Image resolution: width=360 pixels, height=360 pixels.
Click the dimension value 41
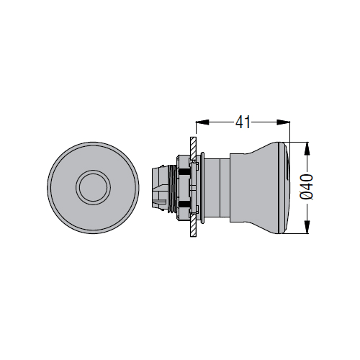243,122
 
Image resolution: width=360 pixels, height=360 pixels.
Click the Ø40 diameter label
307,187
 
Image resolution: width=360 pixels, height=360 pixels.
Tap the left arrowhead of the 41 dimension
202,122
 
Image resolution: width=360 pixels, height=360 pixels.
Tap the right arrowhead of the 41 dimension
284,122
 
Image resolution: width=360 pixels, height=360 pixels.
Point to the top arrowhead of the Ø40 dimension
307,149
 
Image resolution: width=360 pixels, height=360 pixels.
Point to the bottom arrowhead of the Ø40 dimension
307,227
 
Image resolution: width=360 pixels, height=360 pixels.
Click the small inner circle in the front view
94,187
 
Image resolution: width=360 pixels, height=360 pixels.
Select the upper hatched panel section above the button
193,148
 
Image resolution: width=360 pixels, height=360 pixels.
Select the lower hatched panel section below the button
193,225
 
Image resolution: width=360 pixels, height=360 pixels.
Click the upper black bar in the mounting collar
185,172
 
